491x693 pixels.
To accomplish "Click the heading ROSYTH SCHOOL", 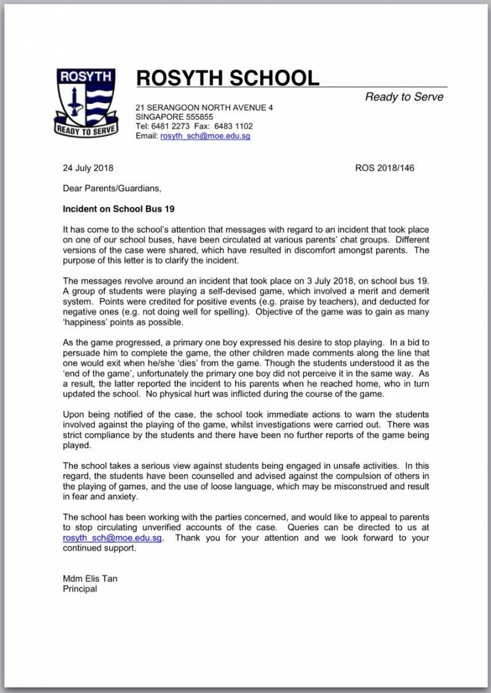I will pos(228,78).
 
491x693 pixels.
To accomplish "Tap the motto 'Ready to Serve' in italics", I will pos(404,96).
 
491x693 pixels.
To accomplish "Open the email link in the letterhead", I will pos(205,136).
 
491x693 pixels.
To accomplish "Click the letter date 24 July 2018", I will pos(88,168).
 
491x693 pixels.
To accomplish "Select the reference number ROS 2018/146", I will pos(384,168).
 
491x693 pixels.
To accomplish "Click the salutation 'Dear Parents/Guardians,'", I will pos(112,188).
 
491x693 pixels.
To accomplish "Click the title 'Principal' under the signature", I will pos(80,589).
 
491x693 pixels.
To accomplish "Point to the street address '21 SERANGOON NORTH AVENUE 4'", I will pos(204,108).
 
